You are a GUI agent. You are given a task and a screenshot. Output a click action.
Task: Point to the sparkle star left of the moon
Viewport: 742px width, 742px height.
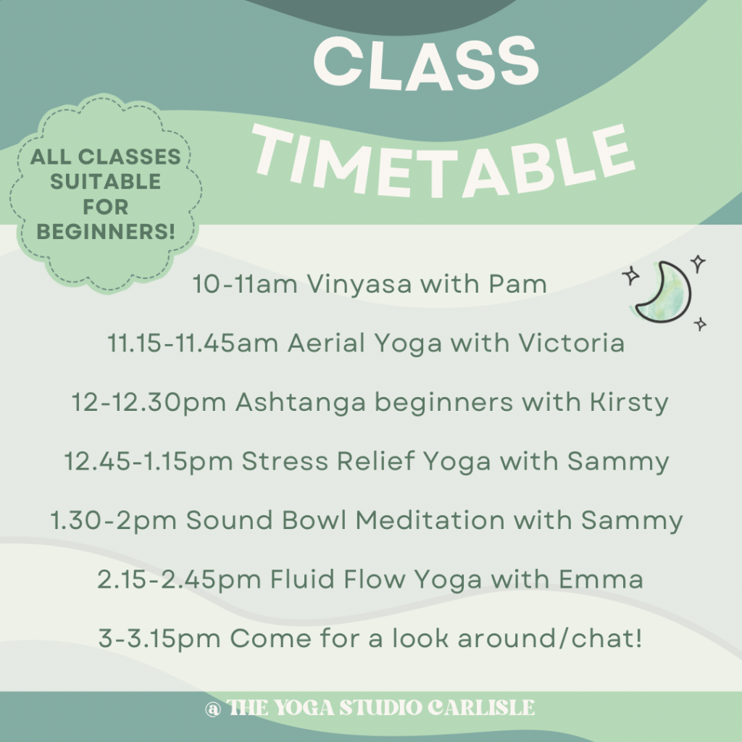click(630, 275)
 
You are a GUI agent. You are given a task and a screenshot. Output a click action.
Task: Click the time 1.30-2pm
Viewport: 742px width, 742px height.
click(115, 520)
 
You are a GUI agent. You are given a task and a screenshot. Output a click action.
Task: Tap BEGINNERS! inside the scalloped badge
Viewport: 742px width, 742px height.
click(106, 232)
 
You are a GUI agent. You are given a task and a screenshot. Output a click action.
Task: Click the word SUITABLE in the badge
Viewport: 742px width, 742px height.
click(106, 181)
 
